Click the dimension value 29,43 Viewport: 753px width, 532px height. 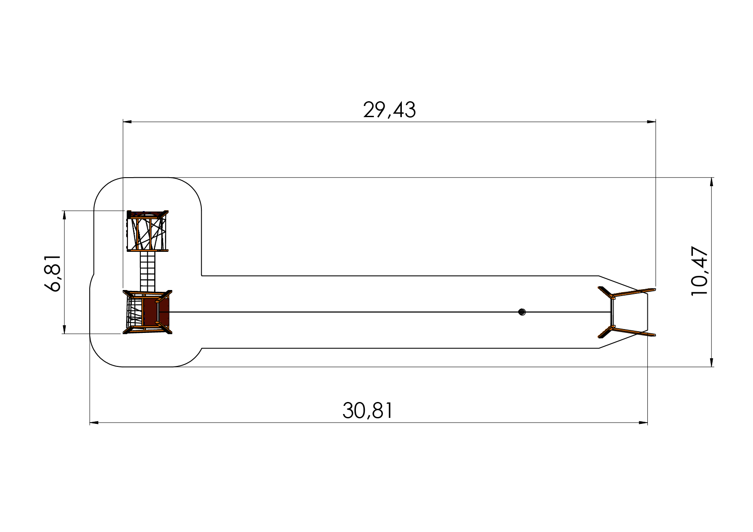389,110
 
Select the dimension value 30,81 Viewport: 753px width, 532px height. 367,411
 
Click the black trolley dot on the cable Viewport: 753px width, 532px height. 522,312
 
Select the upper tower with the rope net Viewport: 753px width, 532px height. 147,230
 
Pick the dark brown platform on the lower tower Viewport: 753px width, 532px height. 156,312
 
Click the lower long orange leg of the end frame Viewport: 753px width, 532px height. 634,331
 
